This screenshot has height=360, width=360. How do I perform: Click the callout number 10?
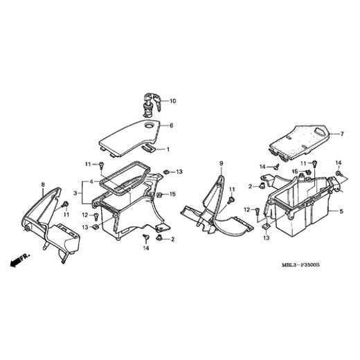coord(173,101)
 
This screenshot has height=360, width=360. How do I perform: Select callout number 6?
coord(172,125)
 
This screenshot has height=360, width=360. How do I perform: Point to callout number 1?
coord(167,149)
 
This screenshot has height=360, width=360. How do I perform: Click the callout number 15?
coord(173,194)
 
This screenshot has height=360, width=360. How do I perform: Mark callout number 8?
coord(43,185)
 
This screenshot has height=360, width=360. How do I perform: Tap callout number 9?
coord(222,163)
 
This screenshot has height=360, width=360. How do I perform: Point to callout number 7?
coord(341,134)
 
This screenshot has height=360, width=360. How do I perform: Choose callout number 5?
coord(341,210)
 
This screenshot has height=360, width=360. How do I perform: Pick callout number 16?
coord(294,172)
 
